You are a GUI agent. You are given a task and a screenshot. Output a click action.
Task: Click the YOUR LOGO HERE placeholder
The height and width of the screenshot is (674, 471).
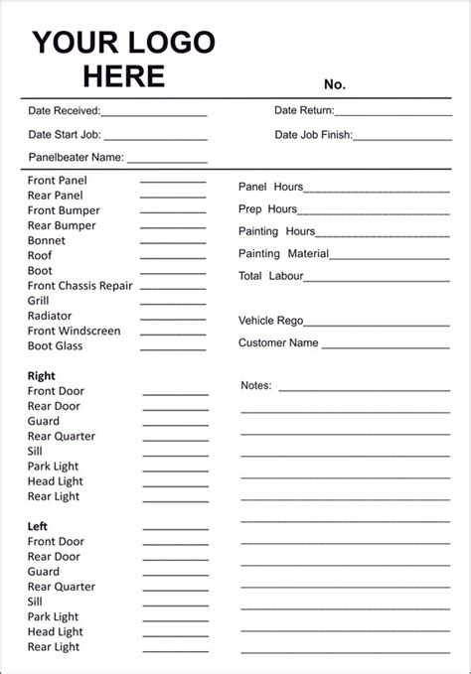coord(123,59)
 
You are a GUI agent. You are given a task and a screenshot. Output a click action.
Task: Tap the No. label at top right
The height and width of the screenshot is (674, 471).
coord(334,84)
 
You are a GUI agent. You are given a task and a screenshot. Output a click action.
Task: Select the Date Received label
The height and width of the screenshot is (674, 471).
coord(64,111)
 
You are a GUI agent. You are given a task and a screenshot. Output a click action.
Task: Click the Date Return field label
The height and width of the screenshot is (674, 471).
coord(304,111)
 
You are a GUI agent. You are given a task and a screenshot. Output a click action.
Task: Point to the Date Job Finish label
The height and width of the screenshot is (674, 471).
coord(313,135)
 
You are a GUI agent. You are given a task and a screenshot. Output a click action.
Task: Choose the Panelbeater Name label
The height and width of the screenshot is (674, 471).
coord(76,157)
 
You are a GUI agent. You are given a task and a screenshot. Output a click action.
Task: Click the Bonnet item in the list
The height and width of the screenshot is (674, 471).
coord(47,240)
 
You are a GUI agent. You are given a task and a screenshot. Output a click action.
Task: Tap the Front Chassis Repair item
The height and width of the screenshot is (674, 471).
coord(79,286)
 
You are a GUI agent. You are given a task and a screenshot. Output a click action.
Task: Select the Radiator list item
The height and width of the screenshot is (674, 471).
coord(51,316)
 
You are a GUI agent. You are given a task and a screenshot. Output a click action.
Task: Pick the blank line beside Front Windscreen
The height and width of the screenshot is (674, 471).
coord(173,332)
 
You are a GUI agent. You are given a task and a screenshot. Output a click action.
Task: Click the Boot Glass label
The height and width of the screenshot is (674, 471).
coord(55,345)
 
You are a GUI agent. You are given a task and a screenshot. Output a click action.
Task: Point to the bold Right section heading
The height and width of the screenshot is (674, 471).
coord(42,376)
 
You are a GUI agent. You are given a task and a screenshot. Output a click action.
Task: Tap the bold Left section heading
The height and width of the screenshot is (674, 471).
coord(38,526)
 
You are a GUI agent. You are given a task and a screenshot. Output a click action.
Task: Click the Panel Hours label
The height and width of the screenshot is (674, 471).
coord(270,187)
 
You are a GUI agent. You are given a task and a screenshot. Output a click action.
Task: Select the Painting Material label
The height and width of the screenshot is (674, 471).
coord(283,253)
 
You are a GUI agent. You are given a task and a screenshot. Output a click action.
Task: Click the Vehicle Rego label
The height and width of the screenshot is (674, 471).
coord(270,321)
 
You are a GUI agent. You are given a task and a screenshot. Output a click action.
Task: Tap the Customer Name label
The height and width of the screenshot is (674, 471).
coord(278,343)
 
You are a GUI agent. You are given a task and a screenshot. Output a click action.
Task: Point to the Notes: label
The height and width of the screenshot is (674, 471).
coord(256,385)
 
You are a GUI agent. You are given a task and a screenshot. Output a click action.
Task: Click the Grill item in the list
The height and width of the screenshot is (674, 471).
coord(39,301)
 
